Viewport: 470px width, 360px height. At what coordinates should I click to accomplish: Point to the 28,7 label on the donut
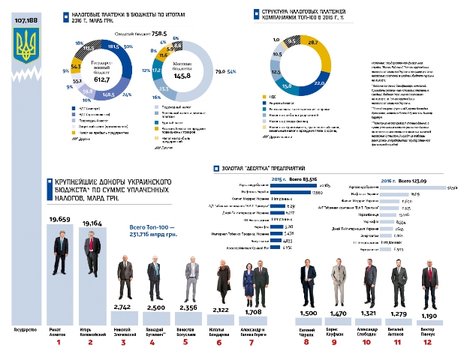[315, 42]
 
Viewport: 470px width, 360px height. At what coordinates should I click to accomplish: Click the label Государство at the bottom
[26, 329]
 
